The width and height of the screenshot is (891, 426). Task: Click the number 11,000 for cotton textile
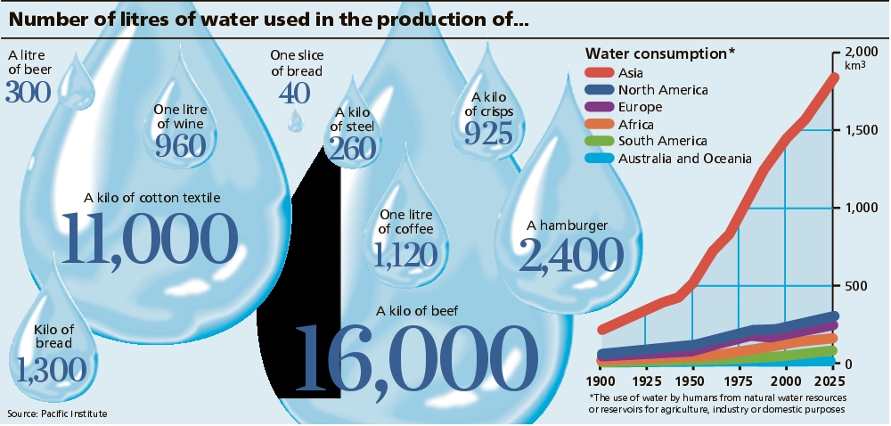149,239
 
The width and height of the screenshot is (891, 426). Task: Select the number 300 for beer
28,91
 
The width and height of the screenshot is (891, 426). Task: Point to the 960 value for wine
181,145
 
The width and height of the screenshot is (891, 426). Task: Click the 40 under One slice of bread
294,93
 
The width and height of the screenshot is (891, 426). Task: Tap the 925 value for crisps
488,133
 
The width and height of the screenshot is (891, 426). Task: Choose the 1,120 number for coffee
405,255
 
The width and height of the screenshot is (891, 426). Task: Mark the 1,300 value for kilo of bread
50,367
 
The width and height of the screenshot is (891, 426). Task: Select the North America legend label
663,89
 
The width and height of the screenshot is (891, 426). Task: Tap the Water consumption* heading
659,53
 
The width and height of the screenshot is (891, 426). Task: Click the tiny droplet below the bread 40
294,119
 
